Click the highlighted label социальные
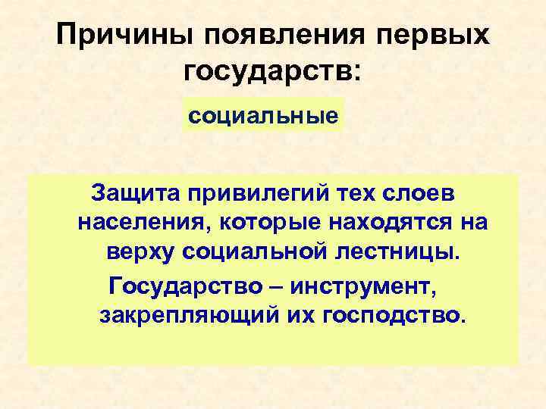tap(263, 116)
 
